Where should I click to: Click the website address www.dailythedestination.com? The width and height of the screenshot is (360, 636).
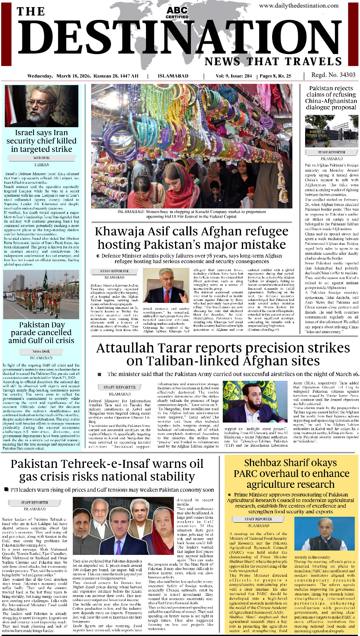pyautogui.click(x=299, y=6)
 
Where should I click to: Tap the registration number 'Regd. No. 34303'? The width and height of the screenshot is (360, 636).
pyautogui.click(x=333, y=75)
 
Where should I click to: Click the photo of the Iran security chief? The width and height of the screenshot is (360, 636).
pyautogui.click(x=41, y=106)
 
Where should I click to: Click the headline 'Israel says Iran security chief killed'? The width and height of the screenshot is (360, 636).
pyautogui.click(x=41, y=141)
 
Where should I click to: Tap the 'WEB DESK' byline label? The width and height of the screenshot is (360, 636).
pyautogui.click(x=41, y=158)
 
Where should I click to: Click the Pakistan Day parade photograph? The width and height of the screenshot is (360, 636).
pyautogui.click(x=41, y=295)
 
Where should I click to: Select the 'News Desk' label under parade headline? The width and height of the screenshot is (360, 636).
pyautogui.click(x=41, y=351)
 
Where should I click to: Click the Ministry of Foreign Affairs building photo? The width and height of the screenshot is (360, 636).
pyautogui.click(x=331, y=131)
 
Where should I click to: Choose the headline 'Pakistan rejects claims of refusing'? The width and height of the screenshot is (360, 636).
pyautogui.click(x=331, y=91)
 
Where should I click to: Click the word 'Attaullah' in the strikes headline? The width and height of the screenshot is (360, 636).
pyautogui.click(x=127, y=348)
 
